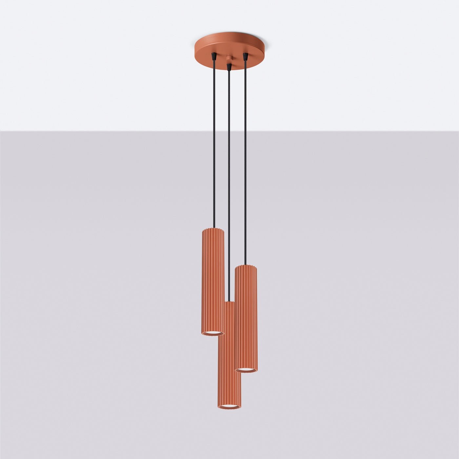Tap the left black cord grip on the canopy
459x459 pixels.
point(214,56)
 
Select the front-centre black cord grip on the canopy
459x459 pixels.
point(229,67)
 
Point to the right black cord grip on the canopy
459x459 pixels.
point(245,56)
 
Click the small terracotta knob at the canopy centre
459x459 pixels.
point(229,59)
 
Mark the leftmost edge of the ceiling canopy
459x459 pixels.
point(194,49)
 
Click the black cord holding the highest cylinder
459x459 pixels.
point(214,148)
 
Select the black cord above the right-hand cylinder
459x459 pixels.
point(245,164)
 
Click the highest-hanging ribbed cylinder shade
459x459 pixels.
point(212,282)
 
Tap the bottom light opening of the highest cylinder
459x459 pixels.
point(212,333)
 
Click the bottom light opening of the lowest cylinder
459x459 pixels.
point(229,407)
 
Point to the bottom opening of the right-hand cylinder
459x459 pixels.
point(246,370)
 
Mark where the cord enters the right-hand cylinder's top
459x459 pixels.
point(245,265)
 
